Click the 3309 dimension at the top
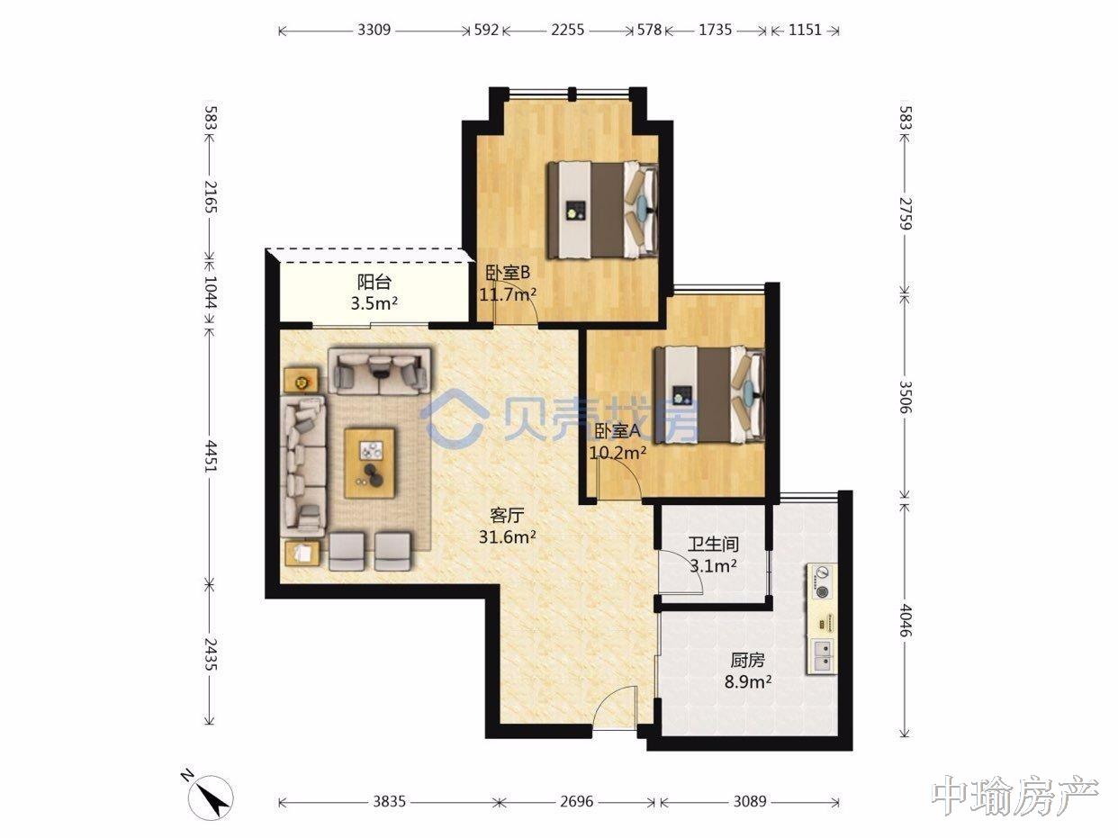click(374, 30)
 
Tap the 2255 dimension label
click(567, 30)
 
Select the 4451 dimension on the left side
click(211, 456)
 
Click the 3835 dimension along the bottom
click(390, 802)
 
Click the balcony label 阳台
click(374, 282)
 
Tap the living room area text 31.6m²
click(508, 536)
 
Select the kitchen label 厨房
click(748, 661)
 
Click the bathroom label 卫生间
click(713, 545)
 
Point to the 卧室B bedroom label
click(508, 273)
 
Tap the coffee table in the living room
click(370, 463)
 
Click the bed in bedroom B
click(602, 210)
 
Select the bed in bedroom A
click(709, 394)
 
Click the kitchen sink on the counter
click(822, 656)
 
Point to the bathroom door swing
click(681, 572)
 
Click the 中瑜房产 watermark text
click(1015, 795)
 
